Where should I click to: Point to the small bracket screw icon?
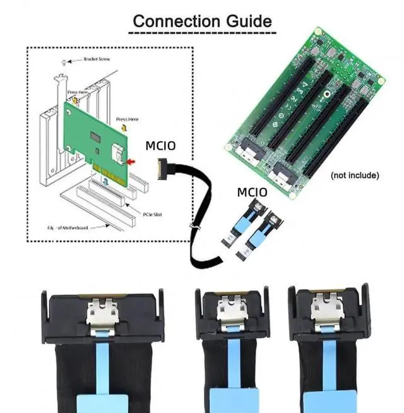coord(63,61)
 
